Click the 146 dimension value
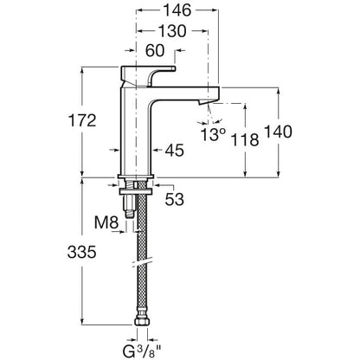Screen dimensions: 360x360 click(x=177, y=10)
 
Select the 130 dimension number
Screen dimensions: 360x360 click(x=172, y=31)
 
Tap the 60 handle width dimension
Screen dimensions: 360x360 click(x=155, y=50)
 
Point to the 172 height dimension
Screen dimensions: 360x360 click(x=82, y=120)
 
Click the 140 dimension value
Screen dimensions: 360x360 click(x=278, y=132)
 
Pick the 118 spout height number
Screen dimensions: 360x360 click(x=245, y=140)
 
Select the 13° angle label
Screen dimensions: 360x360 click(x=213, y=134)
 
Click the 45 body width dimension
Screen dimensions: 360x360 click(x=175, y=151)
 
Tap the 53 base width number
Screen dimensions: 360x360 click(x=175, y=199)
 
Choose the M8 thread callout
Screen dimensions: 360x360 click(x=106, y=222)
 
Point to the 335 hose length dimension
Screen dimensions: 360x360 click(x=81, y=252)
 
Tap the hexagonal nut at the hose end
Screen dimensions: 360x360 click(x=142, y=322)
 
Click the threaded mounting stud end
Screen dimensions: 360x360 click(x=130, y=214)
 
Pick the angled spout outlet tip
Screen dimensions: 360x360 click(x=206, y=101)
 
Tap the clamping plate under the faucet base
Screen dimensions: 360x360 click(x=136, y=191)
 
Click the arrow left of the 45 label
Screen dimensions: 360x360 click(x=115, y=150)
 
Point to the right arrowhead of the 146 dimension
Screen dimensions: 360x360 click(x=215, y=10)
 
